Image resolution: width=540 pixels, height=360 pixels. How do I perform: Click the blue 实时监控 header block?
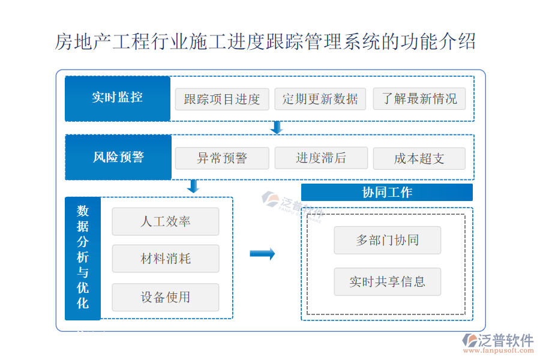118,98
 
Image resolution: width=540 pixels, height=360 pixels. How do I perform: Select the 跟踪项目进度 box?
222,99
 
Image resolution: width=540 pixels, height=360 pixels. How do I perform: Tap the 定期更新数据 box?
320,99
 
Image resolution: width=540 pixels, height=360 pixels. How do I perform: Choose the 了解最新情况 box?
419,99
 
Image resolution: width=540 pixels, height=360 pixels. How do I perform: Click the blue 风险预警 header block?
118,157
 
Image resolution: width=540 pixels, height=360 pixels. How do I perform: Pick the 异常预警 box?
222,158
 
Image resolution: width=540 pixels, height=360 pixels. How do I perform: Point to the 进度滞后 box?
320,158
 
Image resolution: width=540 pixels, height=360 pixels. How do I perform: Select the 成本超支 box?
419,158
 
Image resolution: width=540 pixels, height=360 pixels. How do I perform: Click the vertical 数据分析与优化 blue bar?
83,258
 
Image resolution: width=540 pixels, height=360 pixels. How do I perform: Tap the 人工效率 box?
166,221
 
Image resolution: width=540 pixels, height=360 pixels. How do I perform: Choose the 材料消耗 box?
166,259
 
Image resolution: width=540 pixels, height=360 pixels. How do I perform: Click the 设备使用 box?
166,297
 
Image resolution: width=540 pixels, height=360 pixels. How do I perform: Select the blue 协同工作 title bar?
387,193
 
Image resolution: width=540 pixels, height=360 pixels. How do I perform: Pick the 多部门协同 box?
387,240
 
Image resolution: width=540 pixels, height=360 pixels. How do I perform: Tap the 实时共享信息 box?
387,281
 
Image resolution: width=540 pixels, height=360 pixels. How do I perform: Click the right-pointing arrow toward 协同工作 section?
262,254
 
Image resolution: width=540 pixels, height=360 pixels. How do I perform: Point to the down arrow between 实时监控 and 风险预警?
277,127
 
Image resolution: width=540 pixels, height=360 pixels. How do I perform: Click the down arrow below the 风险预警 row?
193,186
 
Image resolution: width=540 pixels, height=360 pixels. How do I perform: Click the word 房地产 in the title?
77,43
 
